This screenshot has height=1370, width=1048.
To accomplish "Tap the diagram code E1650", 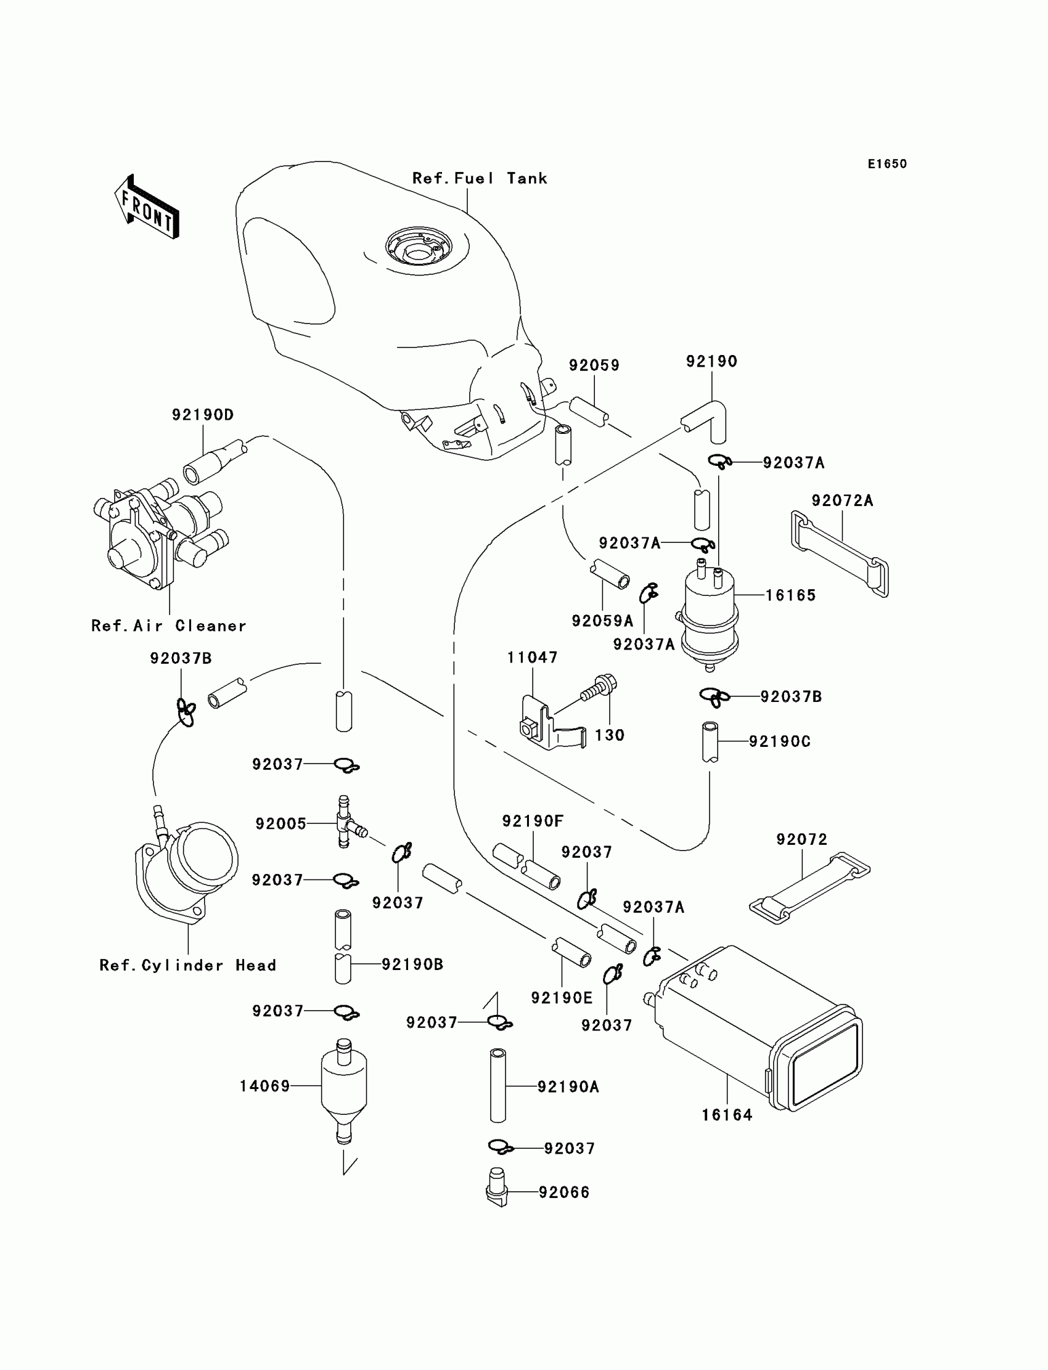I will pos(886,164).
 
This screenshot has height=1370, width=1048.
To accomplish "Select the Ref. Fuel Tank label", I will pos(479,179).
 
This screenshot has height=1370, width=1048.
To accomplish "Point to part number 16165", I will pos(790,595).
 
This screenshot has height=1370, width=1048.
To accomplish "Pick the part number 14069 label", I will pos(264,1087).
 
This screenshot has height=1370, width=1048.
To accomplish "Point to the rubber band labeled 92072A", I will pos(840,552).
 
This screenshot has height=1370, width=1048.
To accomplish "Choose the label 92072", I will pos(801,839).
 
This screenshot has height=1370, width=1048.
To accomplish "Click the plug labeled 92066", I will pos(496,1192).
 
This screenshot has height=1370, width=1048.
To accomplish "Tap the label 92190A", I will pos(568,1087).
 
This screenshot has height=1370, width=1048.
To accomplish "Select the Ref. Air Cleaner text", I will pos(168,626).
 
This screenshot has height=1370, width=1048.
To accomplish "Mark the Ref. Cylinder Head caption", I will pos(187,965).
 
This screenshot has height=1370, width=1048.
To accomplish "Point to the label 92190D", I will pos(203,415).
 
